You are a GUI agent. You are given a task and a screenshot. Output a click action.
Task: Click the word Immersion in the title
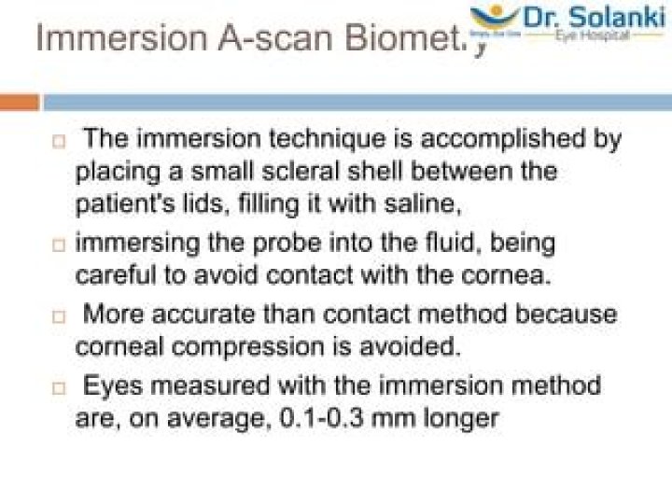pos(100,39)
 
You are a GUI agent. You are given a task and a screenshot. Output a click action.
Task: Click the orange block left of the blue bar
pos(19,101)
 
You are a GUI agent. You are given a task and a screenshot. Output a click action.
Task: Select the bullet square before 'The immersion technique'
pos(59,143)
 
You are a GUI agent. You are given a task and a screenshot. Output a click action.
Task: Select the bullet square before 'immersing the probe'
pos(59,245)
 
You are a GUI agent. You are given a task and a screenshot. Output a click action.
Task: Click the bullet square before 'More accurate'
pos(59,315)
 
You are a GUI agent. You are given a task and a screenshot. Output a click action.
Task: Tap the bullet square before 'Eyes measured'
pos(59,386)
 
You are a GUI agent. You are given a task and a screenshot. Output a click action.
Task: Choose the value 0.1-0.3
pos(324,418)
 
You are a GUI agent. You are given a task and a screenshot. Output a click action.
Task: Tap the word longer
pos(462,418)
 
